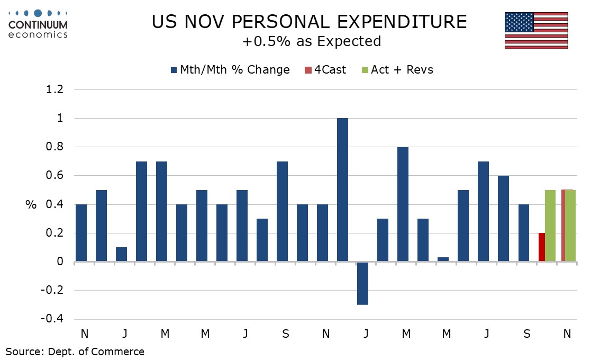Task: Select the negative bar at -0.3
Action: [x=362, y=283]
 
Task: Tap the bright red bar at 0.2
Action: [x=541, y=247]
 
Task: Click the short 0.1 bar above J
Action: [x=121, y=254]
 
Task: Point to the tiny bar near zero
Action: [x=443, y=259]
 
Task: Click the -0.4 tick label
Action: [x=52, y=319]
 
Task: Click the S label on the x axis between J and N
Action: [x=285, y=334]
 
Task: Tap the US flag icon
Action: [x=536, y=31]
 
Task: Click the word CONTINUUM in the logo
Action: [x=38, y=24]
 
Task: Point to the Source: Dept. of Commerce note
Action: [x=75, y=351]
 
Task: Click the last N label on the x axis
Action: [x=567, y=334]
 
